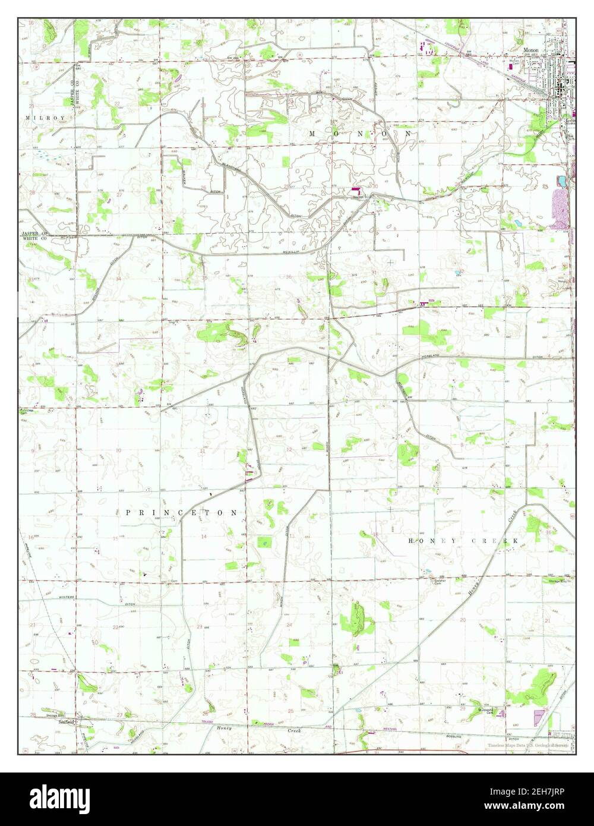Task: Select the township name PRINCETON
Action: pyautogui.click(x=181, y=512)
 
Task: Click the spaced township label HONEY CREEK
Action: pyautogui.click(x=463, y=541)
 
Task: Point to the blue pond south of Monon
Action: pyautogui.click(x=561, y=179)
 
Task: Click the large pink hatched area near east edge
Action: pyautogui.click(x=561, y=208)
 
